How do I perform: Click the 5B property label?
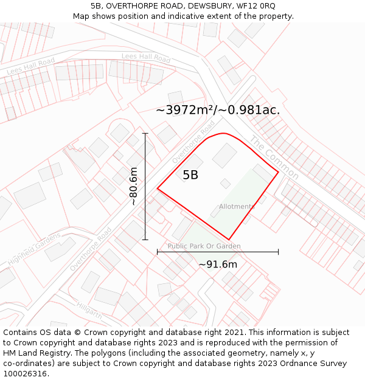pos(190,175)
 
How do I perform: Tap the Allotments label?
pos(237,207)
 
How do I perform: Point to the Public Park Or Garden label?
pos(204,246)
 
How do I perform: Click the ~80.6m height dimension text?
pos(133,186)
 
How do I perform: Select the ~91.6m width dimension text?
pos(218,264)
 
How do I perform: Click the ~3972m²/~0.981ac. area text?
pos(218,110)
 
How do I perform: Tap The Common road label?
pos(274,157)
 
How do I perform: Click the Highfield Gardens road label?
pos(34,249)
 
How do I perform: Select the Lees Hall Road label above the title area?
pos(146,58)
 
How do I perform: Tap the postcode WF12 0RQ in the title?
pos(255,5)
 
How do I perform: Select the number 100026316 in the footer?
pos(25,373)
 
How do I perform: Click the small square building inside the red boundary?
pos(226,183)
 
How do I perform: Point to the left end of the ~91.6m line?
pos(158,251)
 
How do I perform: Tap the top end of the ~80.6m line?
pos(145,133)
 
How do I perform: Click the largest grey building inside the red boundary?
pos(224,155)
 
